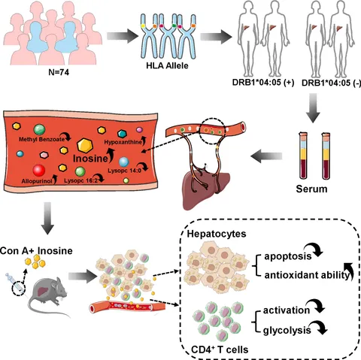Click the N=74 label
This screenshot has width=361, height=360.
click(x=59, y=72)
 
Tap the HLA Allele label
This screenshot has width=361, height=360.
click(x=167, y=65)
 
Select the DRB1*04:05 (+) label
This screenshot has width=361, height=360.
click(x=263, y=83)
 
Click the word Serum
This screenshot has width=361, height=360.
click(x=311, y=189)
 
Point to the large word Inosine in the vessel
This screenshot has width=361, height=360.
click(x=90, y=159)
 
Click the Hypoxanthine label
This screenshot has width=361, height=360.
click(x=123, y=142)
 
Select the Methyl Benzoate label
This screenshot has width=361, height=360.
click(x=41, y=139)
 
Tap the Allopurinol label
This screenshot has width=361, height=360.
click(x=37, y=181)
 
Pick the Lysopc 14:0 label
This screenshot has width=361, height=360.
click(x=125, y=171)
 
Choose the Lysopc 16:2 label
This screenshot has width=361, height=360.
click(x=80, y=180)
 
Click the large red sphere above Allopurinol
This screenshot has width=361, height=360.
click(x=39, y=171)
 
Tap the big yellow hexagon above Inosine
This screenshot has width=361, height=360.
click(x=85, y=146)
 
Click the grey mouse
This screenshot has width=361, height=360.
click(x=47, y=295)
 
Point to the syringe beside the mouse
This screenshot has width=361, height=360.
click(x=16, y=283)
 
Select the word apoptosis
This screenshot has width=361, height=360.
click(x=288, y=256)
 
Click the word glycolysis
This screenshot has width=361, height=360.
click(x=287, y=331)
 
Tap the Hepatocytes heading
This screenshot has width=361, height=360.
click(x=217, y=234)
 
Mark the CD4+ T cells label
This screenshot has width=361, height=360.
click(x=220, y=349)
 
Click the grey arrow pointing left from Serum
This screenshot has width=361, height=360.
click(x=266, y=156)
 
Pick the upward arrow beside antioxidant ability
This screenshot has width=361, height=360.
click(x=350, y=271)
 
